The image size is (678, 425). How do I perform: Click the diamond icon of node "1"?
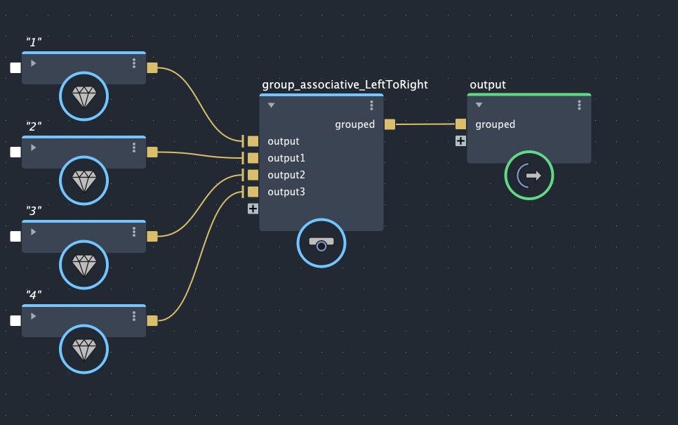click(x=84, y=96)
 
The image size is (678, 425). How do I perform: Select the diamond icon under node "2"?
click(x=84, y=181)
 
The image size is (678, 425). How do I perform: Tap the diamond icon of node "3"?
click(x=84, y=265)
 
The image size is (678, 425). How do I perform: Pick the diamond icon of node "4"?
click(x=84, y=349)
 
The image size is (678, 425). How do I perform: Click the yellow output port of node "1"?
click(x=152, y=68)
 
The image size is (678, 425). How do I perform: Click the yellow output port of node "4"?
click(x=152, y=321)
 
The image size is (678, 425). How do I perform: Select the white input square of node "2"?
click(x=15, y=152)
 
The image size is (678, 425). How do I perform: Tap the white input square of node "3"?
click(x=15, y=237)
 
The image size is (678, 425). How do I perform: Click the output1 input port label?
click(x=286, y=158)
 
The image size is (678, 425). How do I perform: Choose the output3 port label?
click(x=286, y=192)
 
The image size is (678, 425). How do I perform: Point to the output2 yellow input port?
click(x=253, y=175)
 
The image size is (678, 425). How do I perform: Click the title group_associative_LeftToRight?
click(x=345, y=85)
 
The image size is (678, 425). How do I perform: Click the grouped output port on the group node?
click(x=390, y=124)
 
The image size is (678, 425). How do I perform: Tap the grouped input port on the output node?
click(x=460, y=124)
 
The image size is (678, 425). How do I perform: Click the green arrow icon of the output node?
click(x=529, y=175)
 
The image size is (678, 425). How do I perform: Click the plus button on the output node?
click(x=460, y=140)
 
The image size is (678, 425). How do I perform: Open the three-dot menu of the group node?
click(x=372, y=105)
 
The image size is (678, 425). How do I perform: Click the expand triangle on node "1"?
click(x=34, y=63)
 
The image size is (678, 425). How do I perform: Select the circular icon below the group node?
click(x=321, y=243)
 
